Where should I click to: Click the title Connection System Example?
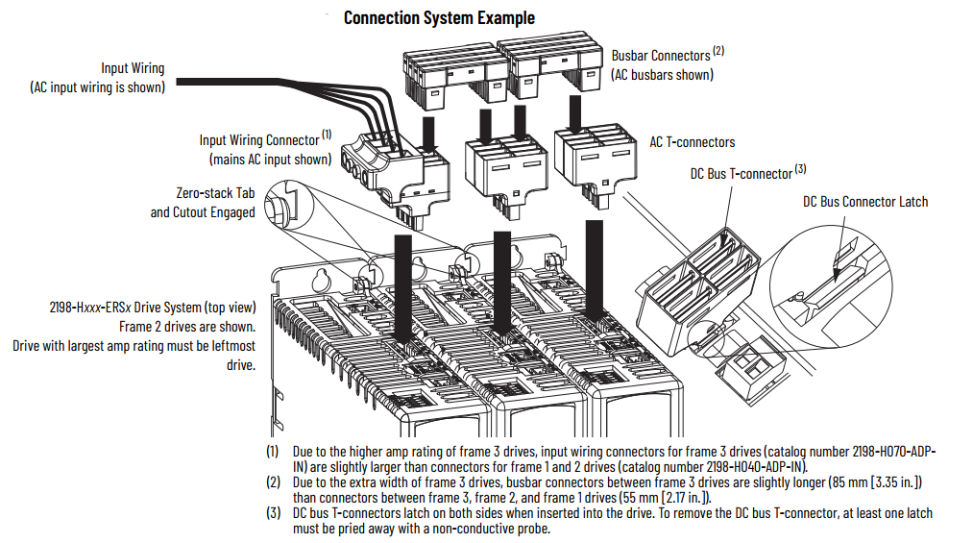pos(439,17)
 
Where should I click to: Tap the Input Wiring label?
pos(133,68)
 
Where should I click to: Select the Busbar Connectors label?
pos(661,56)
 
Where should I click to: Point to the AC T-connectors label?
pos(692,142)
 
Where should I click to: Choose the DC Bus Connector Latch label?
pos(864,202)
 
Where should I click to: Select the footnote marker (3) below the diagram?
pos(274,514)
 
